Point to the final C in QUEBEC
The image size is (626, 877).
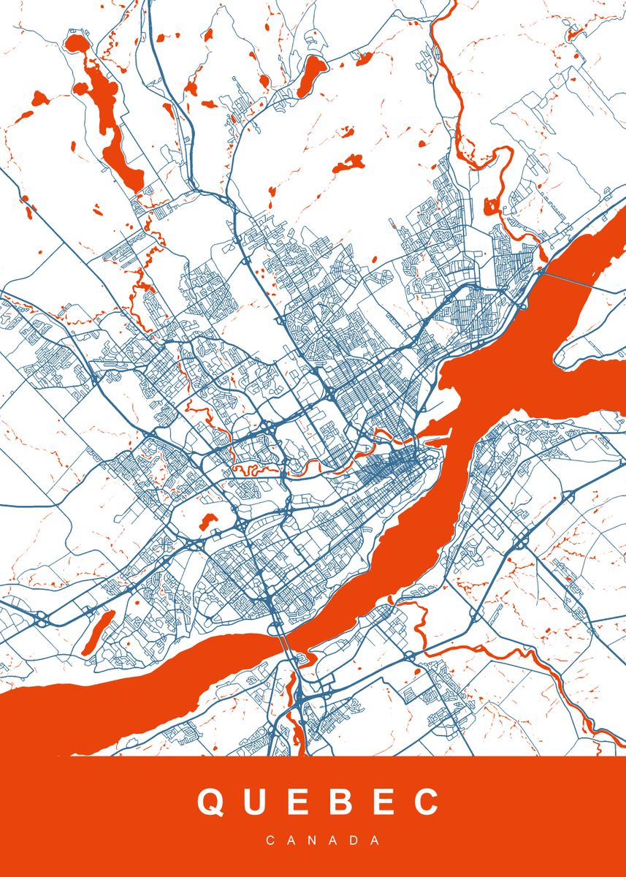[426, 802]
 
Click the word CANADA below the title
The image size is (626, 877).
[323, 840]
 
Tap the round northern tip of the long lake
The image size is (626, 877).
[75, 42]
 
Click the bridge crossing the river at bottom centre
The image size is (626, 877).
[286, 642]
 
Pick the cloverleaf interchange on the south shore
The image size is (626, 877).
[522, 543]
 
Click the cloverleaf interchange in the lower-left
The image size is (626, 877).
[42, 618]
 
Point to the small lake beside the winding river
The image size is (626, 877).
[490, 206]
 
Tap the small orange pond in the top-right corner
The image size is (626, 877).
[574, 33]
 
